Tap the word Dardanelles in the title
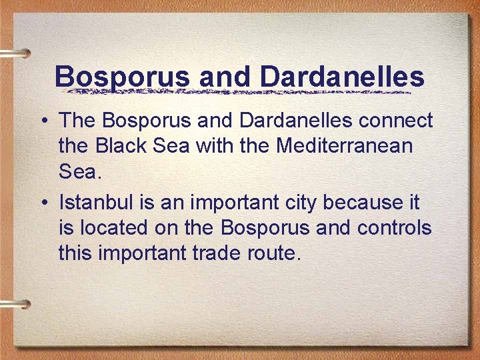342,77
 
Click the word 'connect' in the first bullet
397,121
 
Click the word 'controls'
395,227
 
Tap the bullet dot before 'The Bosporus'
42,121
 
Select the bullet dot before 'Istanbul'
42,202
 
